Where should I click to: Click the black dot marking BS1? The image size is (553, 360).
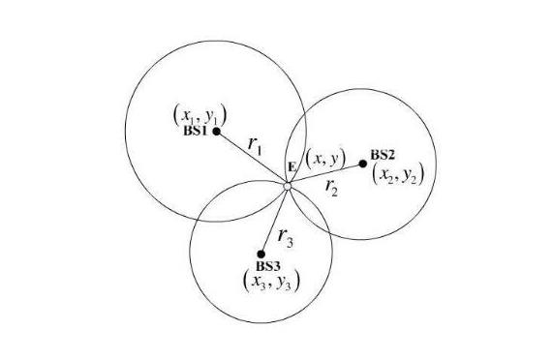tap(217, 132)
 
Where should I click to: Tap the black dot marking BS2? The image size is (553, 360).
tap(362, 164)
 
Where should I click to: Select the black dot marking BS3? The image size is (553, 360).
tap(261, 254)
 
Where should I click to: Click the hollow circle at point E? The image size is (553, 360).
tap(288, 186)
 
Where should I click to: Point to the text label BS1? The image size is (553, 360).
tap(195, 131)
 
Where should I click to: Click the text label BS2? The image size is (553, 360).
tap(383, 155)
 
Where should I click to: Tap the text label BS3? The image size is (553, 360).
tap(268, 266)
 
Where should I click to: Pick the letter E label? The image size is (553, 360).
tap(292, 167)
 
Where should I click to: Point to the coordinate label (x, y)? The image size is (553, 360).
tap(325, 159)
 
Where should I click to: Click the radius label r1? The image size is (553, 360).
tap(255, 145)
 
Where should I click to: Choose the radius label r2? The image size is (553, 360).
tap(331, 187)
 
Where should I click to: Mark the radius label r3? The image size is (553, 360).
tap(286, 237)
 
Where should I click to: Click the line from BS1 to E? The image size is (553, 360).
tap(251, 158)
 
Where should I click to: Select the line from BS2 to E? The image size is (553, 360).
tap(326, 174)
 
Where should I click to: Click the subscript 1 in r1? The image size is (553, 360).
tap(259, 150)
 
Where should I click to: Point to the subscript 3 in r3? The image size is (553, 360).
tap(290, 243)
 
